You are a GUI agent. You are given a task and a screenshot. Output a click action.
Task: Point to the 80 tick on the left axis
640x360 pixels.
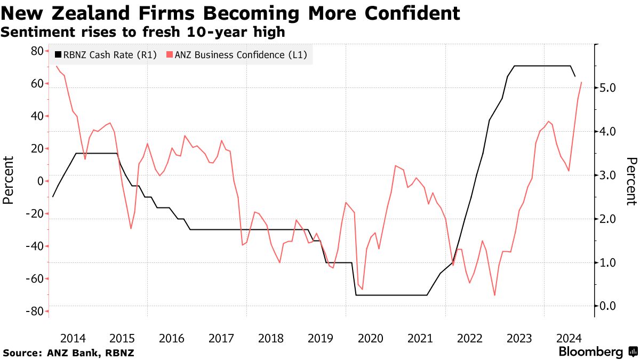[37, 51]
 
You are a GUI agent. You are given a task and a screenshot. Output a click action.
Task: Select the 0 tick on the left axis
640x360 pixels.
[40, 181]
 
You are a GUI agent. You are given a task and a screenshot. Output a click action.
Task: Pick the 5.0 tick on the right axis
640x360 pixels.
[607, 87]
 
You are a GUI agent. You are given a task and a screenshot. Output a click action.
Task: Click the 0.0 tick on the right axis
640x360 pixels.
[607, 306]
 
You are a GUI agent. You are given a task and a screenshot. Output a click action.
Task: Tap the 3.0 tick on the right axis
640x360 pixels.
[607, 175]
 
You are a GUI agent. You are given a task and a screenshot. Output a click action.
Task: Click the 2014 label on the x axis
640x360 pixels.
[73, 338]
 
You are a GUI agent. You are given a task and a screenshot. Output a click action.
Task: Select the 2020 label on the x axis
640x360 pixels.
[370, 338]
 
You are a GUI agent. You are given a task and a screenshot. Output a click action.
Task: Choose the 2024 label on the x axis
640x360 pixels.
[569, 338]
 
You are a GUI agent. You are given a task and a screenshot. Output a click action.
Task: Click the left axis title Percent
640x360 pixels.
[8, 180]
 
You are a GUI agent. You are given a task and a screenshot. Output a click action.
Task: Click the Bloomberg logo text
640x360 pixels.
[590, 352]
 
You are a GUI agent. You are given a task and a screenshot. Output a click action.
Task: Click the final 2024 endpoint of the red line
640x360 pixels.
[581, 82]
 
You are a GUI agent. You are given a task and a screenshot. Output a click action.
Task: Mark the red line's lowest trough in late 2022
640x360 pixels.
[495, 295]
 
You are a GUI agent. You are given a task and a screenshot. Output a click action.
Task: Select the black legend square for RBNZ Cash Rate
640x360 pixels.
[58, 54]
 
